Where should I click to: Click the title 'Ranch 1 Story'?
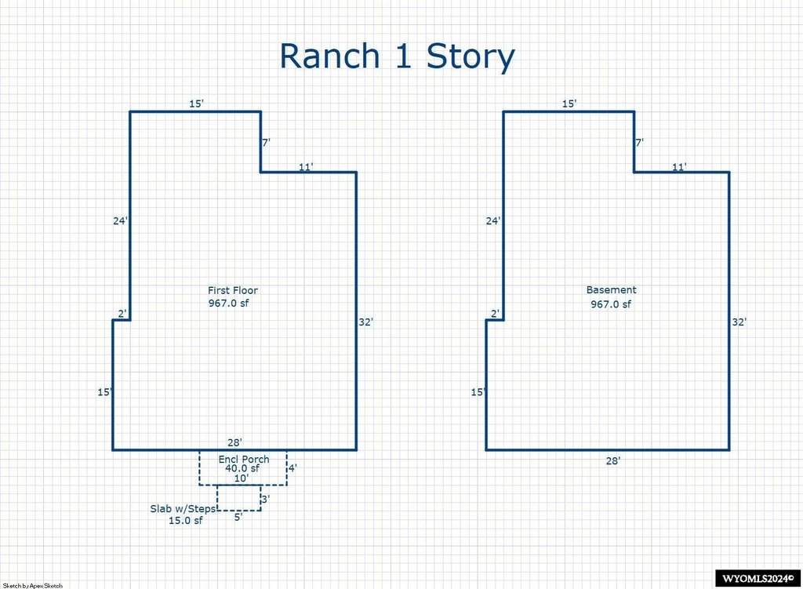point(397,56)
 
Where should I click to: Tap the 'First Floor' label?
point(233,290)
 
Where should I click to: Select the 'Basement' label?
point(612,290)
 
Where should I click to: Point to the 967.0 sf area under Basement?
point(611,304)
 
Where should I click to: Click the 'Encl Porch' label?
point(244,460)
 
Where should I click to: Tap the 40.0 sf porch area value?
point(242,468)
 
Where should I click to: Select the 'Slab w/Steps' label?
point(183,509)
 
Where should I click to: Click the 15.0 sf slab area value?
point(185,521)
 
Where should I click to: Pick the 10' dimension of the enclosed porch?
point(242,478)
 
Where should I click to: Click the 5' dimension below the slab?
point(238,517)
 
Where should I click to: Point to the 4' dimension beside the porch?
point(292,468)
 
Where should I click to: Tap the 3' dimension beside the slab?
point(266,499)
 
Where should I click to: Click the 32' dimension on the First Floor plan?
point(365,322)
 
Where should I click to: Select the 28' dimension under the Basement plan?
point(613,461)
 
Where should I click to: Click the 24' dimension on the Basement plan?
point(493,221)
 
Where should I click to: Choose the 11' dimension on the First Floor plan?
point(306,166)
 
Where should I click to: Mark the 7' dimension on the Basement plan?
point(640,143)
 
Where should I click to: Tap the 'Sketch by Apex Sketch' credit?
point(33,585)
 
